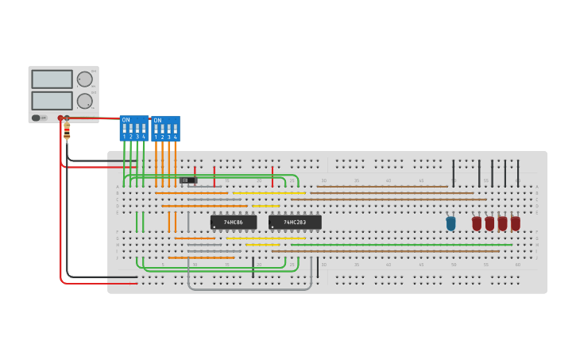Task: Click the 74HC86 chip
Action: pyautogui.click(x=234, y=222)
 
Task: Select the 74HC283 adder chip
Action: pyautogui.click(x=295, y=222)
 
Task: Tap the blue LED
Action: pyautogui.click(x=450, y=223)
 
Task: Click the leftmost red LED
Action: pyautogui.click(x=477, y=223)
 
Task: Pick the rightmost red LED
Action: pyautogui.click(x=516, y=223)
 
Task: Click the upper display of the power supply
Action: pyautogui.click(x=52, y=79)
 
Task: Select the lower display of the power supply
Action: pyautogui.click(x=52, y=101)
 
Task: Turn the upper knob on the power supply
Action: pyautogui.click(x=84, y=79)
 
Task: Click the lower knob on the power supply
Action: pyautogui.click(x=84, y=101)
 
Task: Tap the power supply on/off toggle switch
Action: pyautogui.click(x=37, y=118)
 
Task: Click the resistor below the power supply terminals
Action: pyautogui.click(x=67, y=130)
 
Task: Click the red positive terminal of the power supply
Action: pyautogui.click(x=60, y=118)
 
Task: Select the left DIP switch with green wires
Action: pyautogui.click(x=133, y=128)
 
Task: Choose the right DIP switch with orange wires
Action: pyautogui.click(x=165, y=128)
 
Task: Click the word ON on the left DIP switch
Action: pyautogui.click(x=126, y=120)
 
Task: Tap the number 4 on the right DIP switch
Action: pyautogui.click(x=175, y=137)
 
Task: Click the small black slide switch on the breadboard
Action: pyautogui.click(x=187, y=180)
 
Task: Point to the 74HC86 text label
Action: pyautogui.click(x=233, y=223)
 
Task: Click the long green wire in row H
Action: pyautogui.click(x=397, y=245)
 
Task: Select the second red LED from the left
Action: pyautogui.click(x=489, y=223)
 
